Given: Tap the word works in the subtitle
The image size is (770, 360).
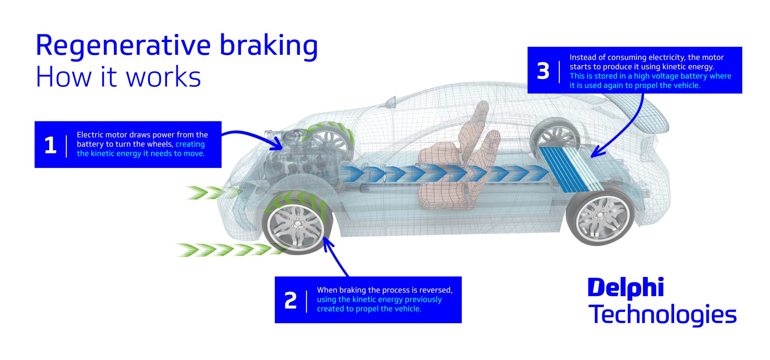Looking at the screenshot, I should (163, 77).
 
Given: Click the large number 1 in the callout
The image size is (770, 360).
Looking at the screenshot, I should (50, 145).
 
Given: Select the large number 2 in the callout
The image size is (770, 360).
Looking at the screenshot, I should (290, 301).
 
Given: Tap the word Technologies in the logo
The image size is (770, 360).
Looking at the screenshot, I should (662, 315).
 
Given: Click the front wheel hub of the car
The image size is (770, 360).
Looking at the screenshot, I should (297, 225).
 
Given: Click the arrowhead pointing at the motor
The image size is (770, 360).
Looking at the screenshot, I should (279, 144).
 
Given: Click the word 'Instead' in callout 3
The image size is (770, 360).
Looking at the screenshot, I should (582, 57).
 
